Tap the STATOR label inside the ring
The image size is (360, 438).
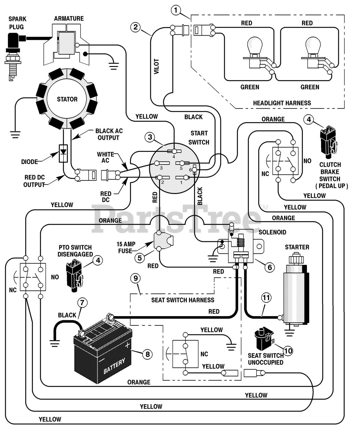click(67, 99)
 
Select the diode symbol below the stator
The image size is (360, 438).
click(64, 151)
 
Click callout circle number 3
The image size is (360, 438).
click(150, 138)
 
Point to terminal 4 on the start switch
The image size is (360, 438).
click(174, 151)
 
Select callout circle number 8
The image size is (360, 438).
click(147, 354)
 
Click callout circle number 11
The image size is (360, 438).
click(266, 298)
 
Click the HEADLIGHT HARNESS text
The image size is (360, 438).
click(282, 103)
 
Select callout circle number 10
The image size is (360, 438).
click(288, 350)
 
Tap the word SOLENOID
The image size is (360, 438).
click(272, 232)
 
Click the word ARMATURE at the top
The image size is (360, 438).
click(69, 18)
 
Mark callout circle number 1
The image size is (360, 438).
click(176, 11)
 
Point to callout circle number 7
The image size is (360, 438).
click(82, 302)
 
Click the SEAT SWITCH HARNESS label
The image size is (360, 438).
click(183, 300)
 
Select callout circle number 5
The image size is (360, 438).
click(140, 257)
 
